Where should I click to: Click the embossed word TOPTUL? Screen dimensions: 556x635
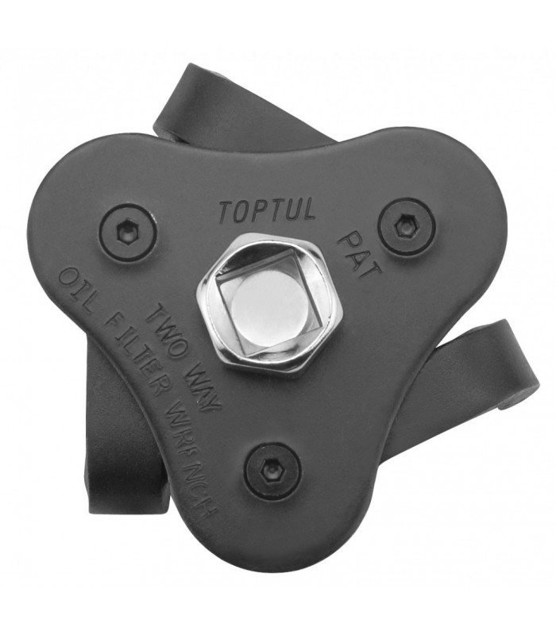pos(268,210)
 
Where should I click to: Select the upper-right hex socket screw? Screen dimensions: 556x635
pos(407,226)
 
